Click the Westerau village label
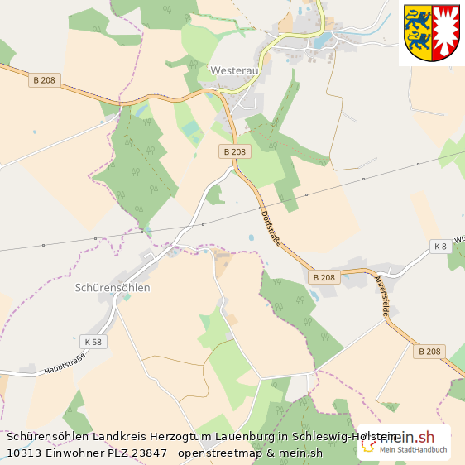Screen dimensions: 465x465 coord(234,71)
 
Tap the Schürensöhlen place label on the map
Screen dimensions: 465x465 coord(113,288)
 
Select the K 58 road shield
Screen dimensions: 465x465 coord(93,341)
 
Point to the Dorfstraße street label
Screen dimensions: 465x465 coord(271,226)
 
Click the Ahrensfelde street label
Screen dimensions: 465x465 coord(383,295)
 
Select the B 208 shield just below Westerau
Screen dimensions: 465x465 coord(235,152)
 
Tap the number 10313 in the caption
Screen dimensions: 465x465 coord(23,453)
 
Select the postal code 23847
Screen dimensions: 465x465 coord(150,453)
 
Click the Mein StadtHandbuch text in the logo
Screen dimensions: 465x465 coord(413,450)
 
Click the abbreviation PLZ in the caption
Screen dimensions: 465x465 coord(118,453)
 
